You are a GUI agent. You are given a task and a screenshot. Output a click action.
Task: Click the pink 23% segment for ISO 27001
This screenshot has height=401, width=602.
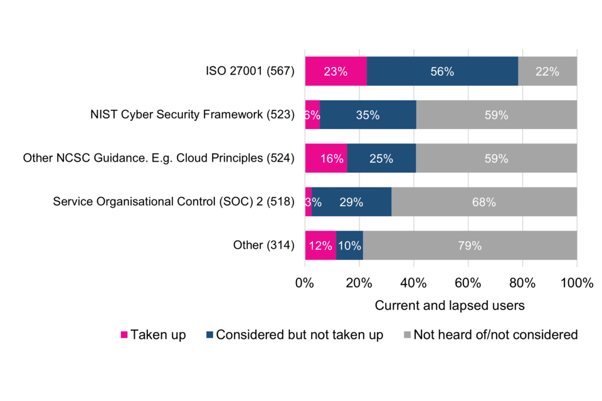point(335,71)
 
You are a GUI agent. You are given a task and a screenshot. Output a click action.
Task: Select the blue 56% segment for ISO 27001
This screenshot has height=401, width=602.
point(442,71)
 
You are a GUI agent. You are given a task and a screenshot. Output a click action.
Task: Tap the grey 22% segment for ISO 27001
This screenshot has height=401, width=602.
point(547,71)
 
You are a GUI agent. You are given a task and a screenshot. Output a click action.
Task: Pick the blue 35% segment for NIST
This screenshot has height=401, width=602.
point(367,115)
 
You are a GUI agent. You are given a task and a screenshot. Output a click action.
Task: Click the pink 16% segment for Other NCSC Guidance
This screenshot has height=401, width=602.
point(325,158)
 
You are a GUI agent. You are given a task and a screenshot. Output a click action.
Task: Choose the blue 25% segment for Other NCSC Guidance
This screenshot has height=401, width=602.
point(381,158)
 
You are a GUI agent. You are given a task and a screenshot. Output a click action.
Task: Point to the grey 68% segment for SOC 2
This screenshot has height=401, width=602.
point(483,202)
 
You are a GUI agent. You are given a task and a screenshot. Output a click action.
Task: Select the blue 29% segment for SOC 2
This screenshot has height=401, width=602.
point(351,202)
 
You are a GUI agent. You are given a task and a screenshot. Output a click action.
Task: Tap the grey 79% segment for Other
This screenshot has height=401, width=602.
point(470,245)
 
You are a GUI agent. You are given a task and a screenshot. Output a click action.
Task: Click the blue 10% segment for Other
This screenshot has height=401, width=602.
point(349,245)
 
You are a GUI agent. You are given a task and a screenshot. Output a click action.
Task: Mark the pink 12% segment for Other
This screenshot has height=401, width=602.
point(320,245)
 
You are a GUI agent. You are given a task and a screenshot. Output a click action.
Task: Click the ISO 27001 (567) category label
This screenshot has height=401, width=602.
point(250,71)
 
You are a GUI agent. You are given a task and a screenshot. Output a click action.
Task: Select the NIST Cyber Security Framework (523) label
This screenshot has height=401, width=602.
point(193,115)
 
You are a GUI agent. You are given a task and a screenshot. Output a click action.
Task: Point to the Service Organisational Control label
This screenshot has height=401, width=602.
point(174,202)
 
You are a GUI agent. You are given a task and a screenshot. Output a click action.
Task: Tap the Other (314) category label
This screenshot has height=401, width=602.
point(263,245)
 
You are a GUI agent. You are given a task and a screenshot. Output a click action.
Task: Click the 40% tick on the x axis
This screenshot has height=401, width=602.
point(413,283)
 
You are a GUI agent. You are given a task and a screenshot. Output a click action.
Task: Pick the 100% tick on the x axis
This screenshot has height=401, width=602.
point(576,283)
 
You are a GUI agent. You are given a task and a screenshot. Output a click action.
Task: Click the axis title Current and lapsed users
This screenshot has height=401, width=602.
point(449,306)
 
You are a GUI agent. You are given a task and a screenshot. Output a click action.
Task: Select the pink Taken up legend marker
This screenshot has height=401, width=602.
point(124,335)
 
